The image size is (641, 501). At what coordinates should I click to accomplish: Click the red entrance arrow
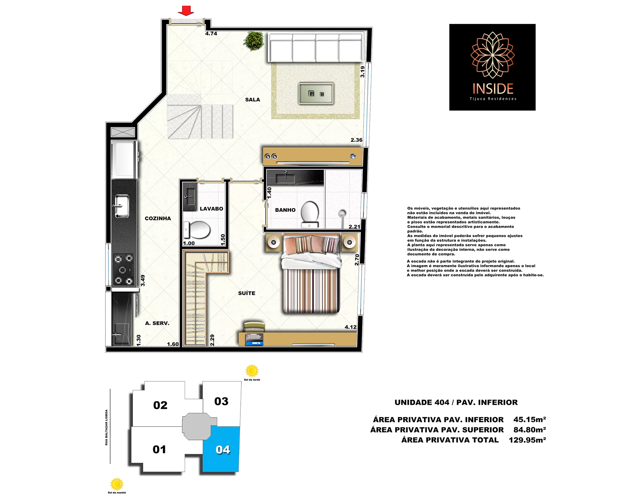click(x=186, y=11)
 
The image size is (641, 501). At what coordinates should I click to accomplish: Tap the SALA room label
click(x=252, y=100)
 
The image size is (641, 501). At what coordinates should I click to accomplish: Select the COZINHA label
click(x=158, y=218)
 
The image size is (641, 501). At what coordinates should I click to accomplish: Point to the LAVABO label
click(x=211, y=209)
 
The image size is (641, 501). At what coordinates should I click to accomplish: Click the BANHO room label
click(x=285, y=210)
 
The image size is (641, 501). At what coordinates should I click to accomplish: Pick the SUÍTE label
click(x=247, y=293)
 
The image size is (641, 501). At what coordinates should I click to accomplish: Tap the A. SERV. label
click(x=157, y=323)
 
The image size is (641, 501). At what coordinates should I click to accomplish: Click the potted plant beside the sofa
click(x=254, y=41)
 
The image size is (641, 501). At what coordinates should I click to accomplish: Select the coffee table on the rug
click(x=316, y=94)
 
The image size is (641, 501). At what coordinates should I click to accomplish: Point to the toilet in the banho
click(x=310, y=214)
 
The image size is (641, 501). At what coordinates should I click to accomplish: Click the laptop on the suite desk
click(x=254, y=339)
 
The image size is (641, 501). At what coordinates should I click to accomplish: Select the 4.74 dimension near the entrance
click(x=211, y=33)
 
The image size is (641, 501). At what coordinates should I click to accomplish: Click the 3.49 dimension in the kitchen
click(x=143, y=280)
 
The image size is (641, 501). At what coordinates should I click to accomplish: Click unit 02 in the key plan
click(x=160, y=405)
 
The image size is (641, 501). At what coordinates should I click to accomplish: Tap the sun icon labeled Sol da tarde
click(x=252, y=371)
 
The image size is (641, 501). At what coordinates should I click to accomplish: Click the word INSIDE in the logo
click(x=493, y=89)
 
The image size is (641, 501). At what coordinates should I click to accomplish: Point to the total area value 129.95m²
click(x=527, y=440)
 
